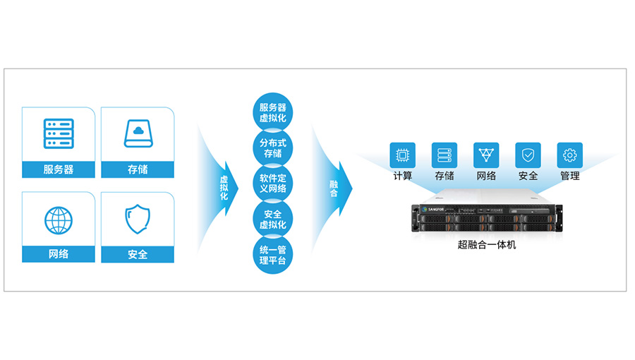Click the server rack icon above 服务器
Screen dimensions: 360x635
[x=59, y=133]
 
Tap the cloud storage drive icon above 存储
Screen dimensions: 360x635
[x=138, y=133]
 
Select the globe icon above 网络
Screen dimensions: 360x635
[x=59, y=220]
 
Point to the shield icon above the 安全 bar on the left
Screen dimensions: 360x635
[x=138, y=220]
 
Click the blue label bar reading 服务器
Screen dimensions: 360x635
[x=59, y=169]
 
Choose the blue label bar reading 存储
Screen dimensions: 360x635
[x=138, y=169]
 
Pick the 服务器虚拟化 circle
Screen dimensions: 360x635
[x=272, y=113]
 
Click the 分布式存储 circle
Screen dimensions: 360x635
[x=272, y=148]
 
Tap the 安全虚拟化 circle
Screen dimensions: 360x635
[x=272, y=219]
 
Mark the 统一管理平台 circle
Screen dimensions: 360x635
[x=272, y=254]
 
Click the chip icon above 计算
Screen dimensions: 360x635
[x=403, y=155]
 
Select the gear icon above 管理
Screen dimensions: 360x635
[x=570, y=155]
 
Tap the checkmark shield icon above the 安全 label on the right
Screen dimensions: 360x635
[x=528, y=155]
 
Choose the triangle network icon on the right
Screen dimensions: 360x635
[x=486, y=155]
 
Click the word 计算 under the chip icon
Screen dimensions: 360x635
[x=403, y=176]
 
